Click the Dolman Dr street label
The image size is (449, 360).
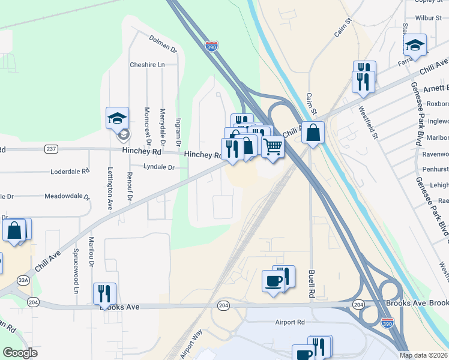click(x=163, y=44)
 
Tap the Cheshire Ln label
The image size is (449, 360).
click(x=147, y=65)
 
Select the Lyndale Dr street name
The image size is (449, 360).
click(x=158, y=167)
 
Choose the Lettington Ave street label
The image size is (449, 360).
click(x=110, y=188)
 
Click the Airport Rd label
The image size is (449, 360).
click(x=290, y=322)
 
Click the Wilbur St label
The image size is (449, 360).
click(x=428, y=18)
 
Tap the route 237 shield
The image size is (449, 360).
click(x=51, y=149)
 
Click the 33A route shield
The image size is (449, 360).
click(x=23, y=280)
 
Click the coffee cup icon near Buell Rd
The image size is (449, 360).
click(x=273, y=281)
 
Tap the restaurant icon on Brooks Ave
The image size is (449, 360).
click(x=104, y=293)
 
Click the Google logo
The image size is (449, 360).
click(x=20, y=353)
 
